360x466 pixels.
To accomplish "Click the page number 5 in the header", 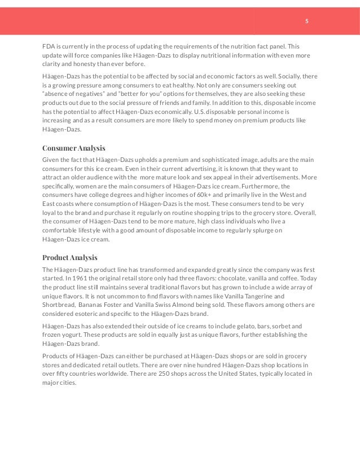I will coord(306,21).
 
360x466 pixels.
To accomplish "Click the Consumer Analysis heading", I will coord(73,148).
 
